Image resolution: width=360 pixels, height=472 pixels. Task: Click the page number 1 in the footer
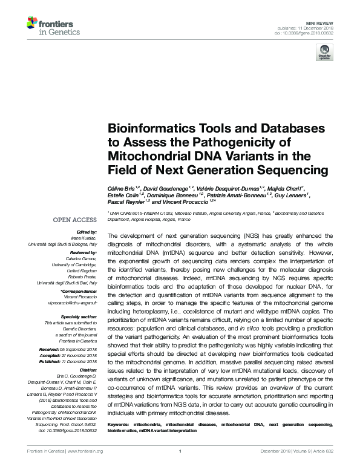181,467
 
